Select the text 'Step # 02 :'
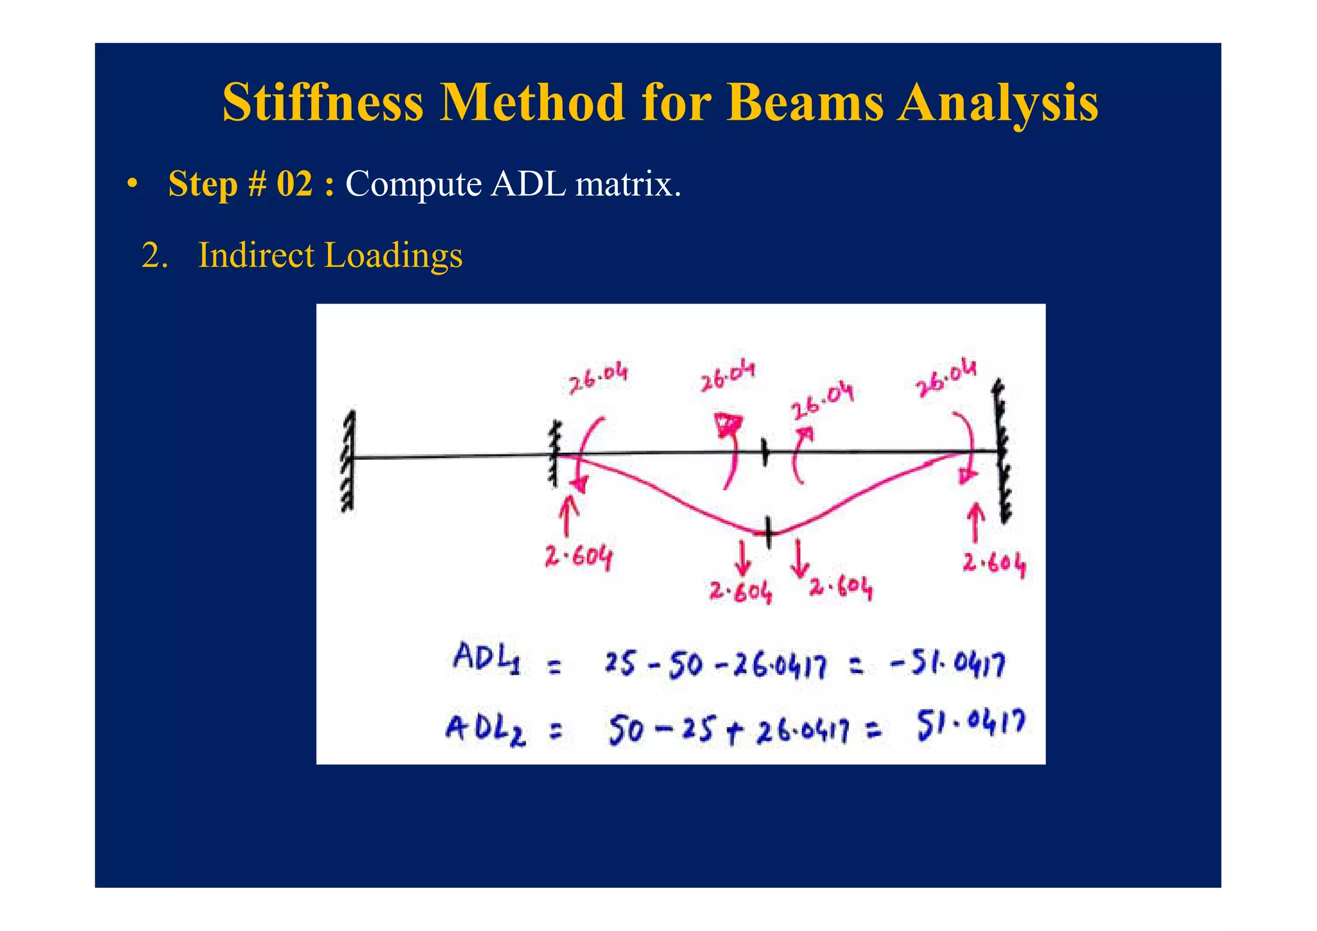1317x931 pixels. pyautogui.click(x=251, y=184)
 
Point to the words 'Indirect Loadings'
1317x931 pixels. pyautogui.click(x=330, y=255)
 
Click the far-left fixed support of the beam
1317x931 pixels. pyautogui.click(x=349, y=460)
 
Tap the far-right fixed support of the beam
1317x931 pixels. pyautogui.click(x=1002, y=450)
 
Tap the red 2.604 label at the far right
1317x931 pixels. pyautogui.click(x=994, y=564)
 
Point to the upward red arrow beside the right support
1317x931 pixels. pyautogui.click(x=976, y=521)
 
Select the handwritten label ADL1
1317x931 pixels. pyautogui.click(x=486, y=658)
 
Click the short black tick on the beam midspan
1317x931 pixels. pyautogui.click(x=764, y=452)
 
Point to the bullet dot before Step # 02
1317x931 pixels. pyautogui.click(x=132, y=184)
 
